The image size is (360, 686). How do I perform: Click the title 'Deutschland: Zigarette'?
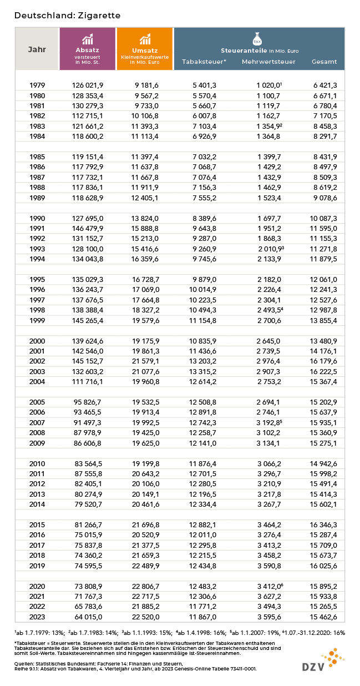67,16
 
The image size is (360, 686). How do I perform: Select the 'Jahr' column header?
37,49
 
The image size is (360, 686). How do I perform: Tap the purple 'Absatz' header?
87,49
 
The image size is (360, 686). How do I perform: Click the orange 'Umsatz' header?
145,49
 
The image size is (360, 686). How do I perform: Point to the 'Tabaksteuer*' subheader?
204,62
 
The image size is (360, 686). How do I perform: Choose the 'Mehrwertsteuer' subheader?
268,62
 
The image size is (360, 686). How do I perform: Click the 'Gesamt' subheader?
324,62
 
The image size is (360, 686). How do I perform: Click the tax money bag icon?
256,39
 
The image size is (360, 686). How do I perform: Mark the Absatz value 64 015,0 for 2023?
88,617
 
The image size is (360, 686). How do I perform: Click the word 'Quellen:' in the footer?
25,664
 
